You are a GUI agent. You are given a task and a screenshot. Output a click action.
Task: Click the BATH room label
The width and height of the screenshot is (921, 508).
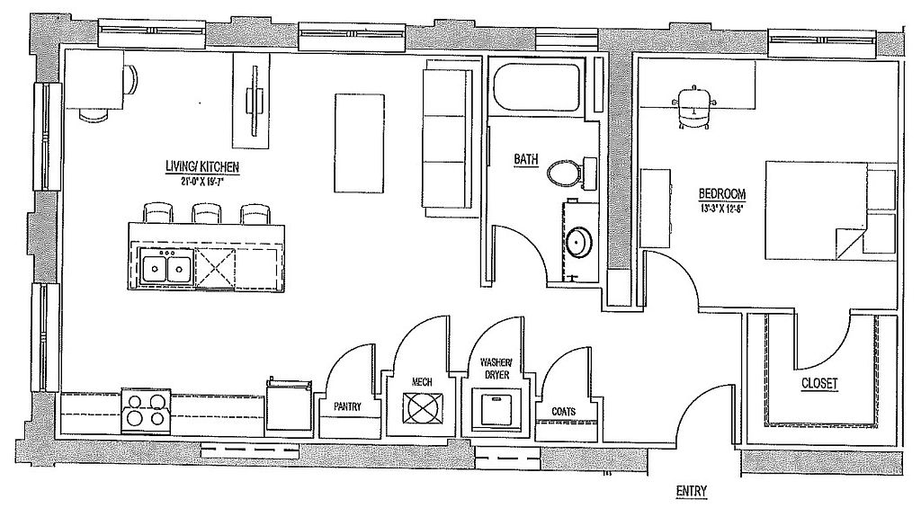526,160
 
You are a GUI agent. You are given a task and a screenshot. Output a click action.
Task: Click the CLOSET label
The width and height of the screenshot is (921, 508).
819,384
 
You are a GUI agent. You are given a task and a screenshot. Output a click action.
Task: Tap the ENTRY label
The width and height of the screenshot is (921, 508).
691,491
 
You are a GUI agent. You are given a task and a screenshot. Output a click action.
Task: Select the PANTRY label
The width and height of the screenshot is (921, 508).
347,406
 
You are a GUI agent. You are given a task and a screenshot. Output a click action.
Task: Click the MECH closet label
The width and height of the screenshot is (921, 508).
422,382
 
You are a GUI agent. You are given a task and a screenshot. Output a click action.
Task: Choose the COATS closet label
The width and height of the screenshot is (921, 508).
564,411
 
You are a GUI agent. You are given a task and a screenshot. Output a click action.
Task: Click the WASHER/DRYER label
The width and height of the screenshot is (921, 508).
496,369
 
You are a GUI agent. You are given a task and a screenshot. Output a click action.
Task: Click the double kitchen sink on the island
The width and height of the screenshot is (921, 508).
167,268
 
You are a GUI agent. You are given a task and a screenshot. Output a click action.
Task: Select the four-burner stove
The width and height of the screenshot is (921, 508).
146,409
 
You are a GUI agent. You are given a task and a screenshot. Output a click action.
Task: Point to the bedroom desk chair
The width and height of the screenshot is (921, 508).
694,105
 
